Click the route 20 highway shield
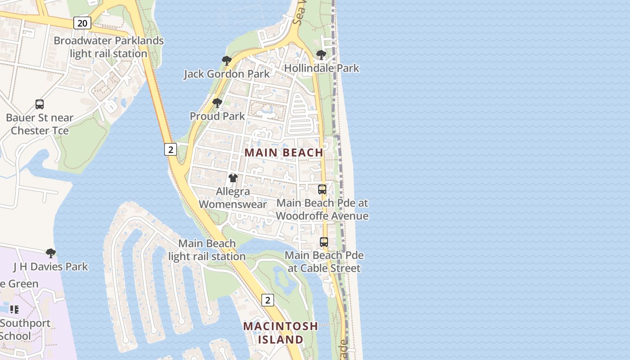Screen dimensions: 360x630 tap(82, 23)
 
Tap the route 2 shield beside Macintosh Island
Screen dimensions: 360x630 tap(267, 300)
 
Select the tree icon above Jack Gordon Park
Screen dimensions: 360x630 tap(226, 61)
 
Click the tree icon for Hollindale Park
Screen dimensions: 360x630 tap(321, 55)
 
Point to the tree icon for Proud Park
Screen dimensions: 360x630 tap(217, 103)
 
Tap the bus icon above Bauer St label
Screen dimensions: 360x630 tap(40, 104)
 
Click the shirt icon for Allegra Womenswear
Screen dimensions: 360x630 tap(233, 178)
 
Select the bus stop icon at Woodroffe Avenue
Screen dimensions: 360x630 tap(322, 189)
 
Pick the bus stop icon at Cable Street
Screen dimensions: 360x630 tap(324, 242)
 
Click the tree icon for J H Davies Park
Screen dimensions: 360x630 tap(51, 253)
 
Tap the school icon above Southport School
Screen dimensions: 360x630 tap(14, 310)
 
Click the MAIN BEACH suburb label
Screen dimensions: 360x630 tap(284, 153)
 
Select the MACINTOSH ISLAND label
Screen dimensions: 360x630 tap(280, 333)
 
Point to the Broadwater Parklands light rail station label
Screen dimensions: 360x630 tap(108, 47)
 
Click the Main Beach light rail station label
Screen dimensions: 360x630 tap(207, 250)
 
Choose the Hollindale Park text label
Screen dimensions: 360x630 tap(322, 68)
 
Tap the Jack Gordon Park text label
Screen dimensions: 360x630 tap(227, 74)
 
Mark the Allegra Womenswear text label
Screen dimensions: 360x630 tap(233, 198)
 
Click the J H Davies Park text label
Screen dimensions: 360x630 tap(51, 266)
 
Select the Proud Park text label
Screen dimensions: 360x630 tap(217, 116)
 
